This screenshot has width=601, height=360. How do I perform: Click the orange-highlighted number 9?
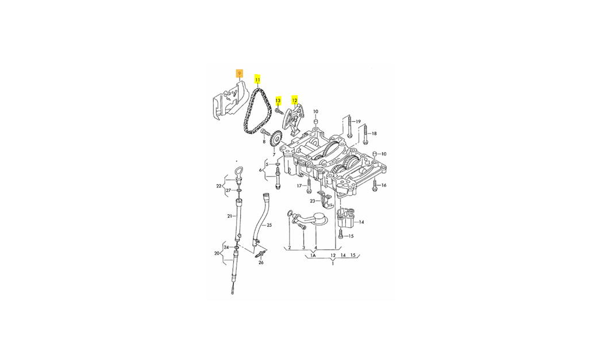pyautogui.click(x=240, y=74)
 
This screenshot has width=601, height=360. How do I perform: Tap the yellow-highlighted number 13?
pyautogui.click(x=278, y=100)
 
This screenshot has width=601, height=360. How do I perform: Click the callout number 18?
pyautogui.click(x=374, y=134)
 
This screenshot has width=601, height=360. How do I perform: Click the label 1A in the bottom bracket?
pyautogui.click(x=313, y=255)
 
